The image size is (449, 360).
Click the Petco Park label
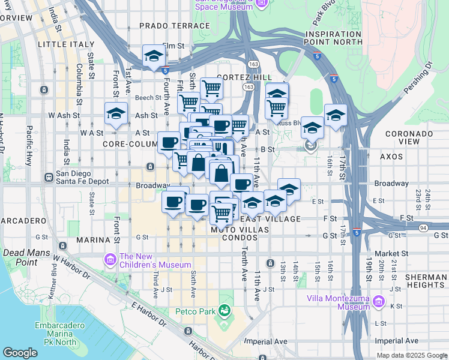(x=194, y=311)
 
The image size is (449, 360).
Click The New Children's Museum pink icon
(x=110, y=260)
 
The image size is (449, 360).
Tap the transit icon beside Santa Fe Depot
(x=49, y=178)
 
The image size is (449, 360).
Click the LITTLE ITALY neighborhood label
(x=66, y=44)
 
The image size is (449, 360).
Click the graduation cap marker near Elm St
(x=154, y=56)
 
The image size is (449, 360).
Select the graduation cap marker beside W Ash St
(x=116, y=113)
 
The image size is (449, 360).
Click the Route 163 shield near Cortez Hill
(x=248, y=87)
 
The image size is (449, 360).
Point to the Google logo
(x=20, y=353)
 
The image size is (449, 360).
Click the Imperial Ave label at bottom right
(x=396, y=340)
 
